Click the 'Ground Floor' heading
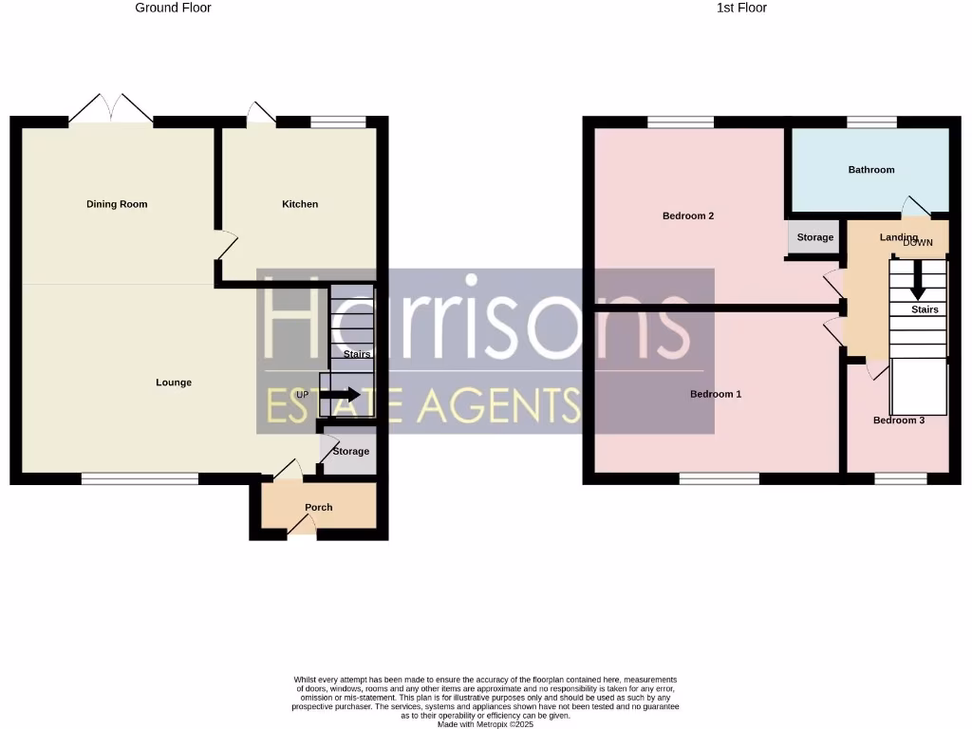[x=173, y=8]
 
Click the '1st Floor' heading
[x=741, y=8]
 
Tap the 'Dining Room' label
[x=117, y=204]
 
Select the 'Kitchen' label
[x=300, y=204]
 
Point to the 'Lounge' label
[x=174, y=383]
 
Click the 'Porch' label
[x=319, y=507]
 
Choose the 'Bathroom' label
[x=870, y=170]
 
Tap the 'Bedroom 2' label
[x=688, y=215]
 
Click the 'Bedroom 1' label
[x=716, y=394]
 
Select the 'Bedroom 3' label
[x=898, y=421]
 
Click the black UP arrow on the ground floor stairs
[x=339, y=395]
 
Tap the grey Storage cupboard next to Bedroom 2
[x=814, y=237]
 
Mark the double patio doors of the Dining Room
[x=111, y=110]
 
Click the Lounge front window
[x=140, y=479]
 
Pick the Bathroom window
[x=871, y=121]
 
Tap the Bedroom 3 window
[x=900, y=479]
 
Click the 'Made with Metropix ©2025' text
[x=485, y=724]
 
